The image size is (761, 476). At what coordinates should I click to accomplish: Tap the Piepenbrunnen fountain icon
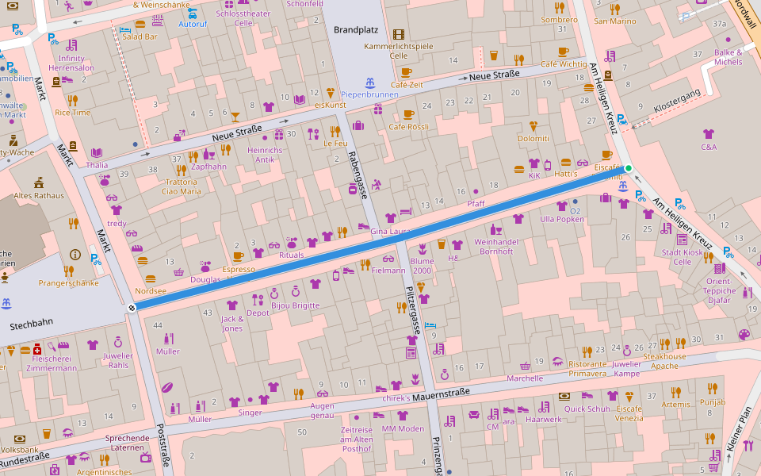tap(369, 83)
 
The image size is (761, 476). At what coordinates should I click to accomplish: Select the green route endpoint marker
tap(629, 168)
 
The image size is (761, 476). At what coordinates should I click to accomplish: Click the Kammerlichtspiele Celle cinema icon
tap(398, 35)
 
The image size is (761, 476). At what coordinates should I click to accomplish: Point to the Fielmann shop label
tap(388, 271)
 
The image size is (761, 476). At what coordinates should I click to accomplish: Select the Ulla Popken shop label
tap(561, 219)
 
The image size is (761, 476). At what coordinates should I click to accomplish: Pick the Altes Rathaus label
tap(37, 196)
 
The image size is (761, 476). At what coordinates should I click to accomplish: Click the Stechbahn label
tap(31, 325)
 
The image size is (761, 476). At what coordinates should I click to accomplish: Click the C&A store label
tap(709, 147)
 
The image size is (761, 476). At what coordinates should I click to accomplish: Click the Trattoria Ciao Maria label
tap(182, 186)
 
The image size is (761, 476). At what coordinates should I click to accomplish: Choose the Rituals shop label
tap(291, 255)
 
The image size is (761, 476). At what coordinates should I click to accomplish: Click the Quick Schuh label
tap(587, 409)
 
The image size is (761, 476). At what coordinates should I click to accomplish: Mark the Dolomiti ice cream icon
tap(533, 126)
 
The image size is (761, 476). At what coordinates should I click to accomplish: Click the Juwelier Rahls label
tap(117, 360)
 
